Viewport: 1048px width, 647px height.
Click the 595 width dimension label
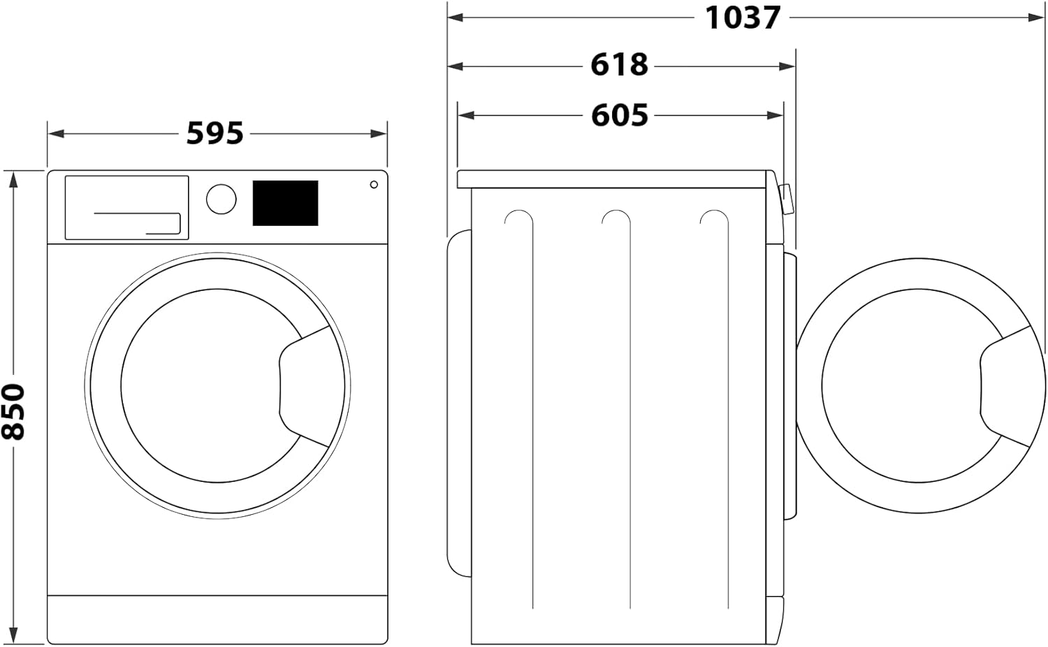click(x=214, y=133)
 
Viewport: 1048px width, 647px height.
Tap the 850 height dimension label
click(x=14, y=411)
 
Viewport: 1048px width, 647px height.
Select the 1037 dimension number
click(x=742, y=17)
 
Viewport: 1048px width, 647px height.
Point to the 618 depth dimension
click(x=619, y=65)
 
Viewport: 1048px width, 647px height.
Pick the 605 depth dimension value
click(x=619, y=115)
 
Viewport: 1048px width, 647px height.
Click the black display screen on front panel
click(x=285, y=203)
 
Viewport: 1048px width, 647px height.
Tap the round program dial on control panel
click(x=221, y=199)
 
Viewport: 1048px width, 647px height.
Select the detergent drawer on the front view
click(x=126, y=207)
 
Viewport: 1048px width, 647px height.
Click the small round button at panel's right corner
click(x=374, y=185)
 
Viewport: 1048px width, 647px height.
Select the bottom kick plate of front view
click(x=217, y=618)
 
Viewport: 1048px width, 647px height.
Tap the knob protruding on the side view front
click(x=786, y=199)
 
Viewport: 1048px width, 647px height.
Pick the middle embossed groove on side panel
click(x=616, y=406)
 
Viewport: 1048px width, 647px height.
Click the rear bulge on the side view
click(x=458, y=402)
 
